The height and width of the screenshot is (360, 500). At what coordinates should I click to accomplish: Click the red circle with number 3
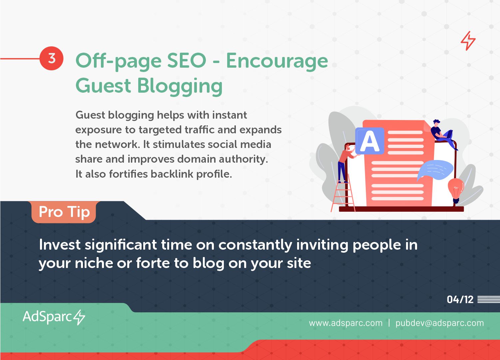[x=52, y=58]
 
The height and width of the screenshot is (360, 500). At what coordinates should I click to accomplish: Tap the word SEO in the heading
[x=187, y=61]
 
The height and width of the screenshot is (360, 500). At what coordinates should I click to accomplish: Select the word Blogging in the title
[x=180, y=86]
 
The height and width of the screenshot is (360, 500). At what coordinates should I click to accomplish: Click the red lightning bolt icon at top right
[x=468, y=41]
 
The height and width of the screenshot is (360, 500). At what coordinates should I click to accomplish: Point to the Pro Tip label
[x=64, y=212]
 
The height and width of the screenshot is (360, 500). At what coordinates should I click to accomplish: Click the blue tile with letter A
[x=370, y=141]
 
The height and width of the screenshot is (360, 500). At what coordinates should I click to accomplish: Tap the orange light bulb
[x=456, y=190]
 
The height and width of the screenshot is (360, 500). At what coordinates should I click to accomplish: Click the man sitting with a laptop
[x=443, y=135]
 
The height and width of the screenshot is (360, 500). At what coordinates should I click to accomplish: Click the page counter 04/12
[x=460, y=299]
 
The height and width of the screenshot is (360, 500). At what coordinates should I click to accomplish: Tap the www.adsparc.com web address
[x=346, y=323]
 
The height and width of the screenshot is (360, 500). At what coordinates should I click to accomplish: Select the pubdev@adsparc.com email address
[x=440, y=323]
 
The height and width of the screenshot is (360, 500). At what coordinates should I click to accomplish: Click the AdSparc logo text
[x=47, y=317]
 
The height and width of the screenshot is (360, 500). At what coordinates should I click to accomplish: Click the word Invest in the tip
[x=60, y=245]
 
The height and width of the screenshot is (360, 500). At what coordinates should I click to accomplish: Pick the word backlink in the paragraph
[x=172, y=174]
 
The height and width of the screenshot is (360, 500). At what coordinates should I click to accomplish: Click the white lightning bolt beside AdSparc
[x=80, y=317]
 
